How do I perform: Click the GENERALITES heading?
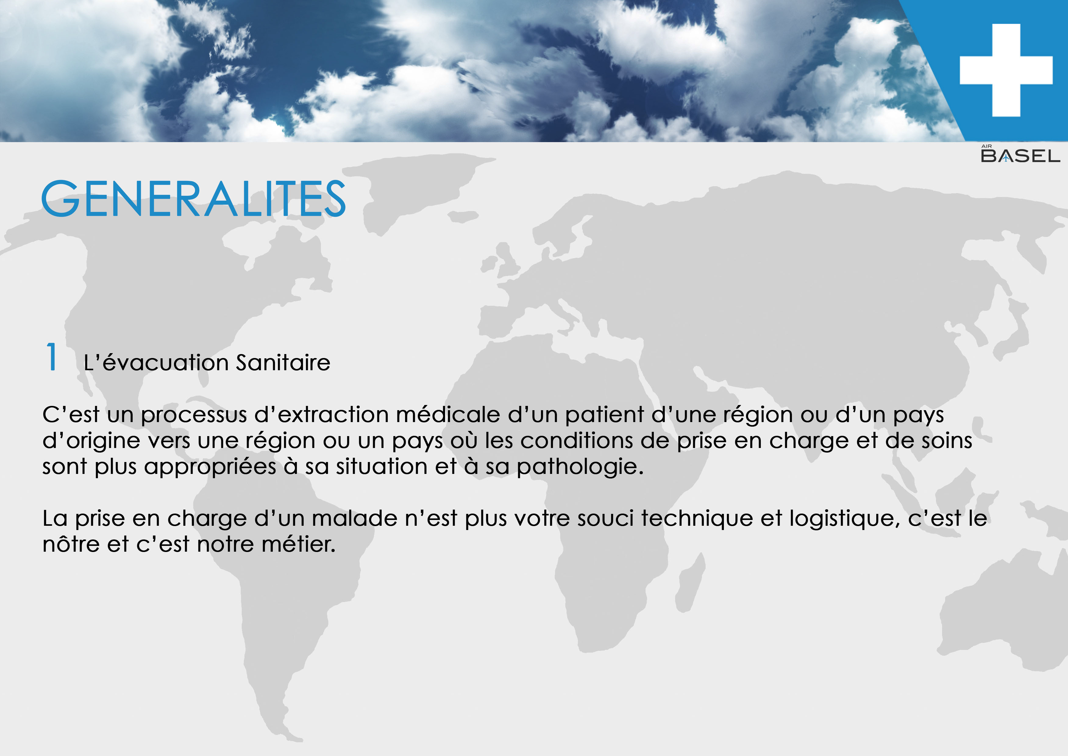(x=193, y=199)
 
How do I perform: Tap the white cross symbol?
(x=1006, y=70)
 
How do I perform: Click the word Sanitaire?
(x=283, y=363)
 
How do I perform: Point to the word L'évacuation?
(x=156, y=363)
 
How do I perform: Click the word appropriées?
(x=210, y=467)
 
